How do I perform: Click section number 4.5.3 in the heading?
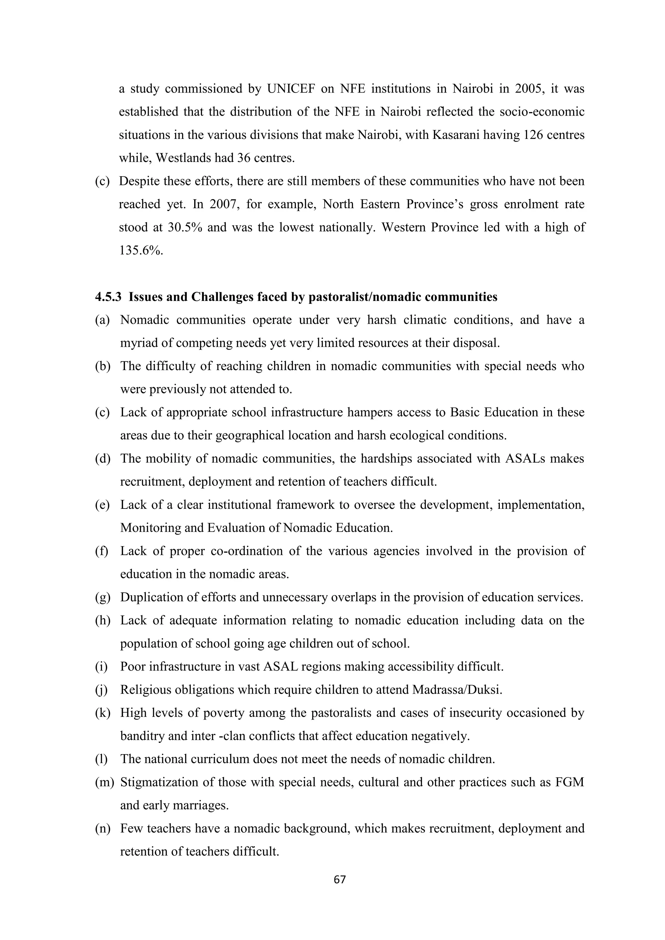108,297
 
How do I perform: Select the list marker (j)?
101,690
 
